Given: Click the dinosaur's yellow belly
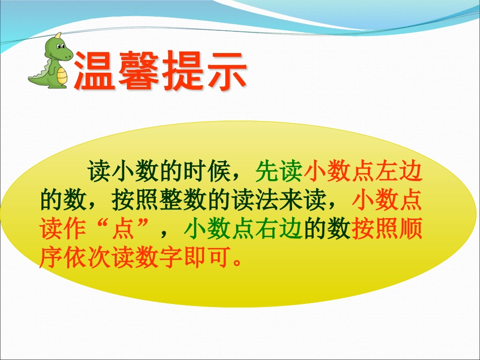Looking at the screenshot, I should pos(62,76).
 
